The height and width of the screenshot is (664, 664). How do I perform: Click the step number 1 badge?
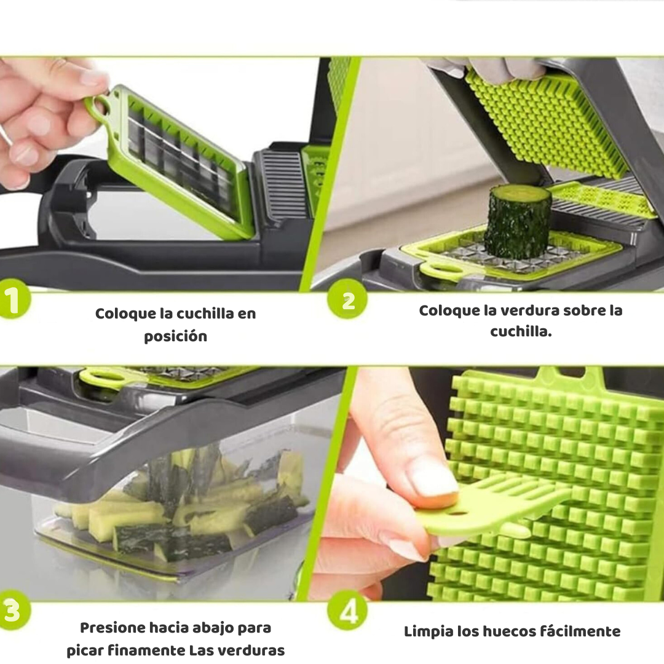(14, 300)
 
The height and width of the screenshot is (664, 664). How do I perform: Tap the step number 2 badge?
(347, 300)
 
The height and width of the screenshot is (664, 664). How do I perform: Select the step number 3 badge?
(14, 611)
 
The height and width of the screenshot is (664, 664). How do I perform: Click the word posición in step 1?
(175, 337)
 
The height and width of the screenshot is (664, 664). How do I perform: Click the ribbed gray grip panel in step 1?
(283, 184)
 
